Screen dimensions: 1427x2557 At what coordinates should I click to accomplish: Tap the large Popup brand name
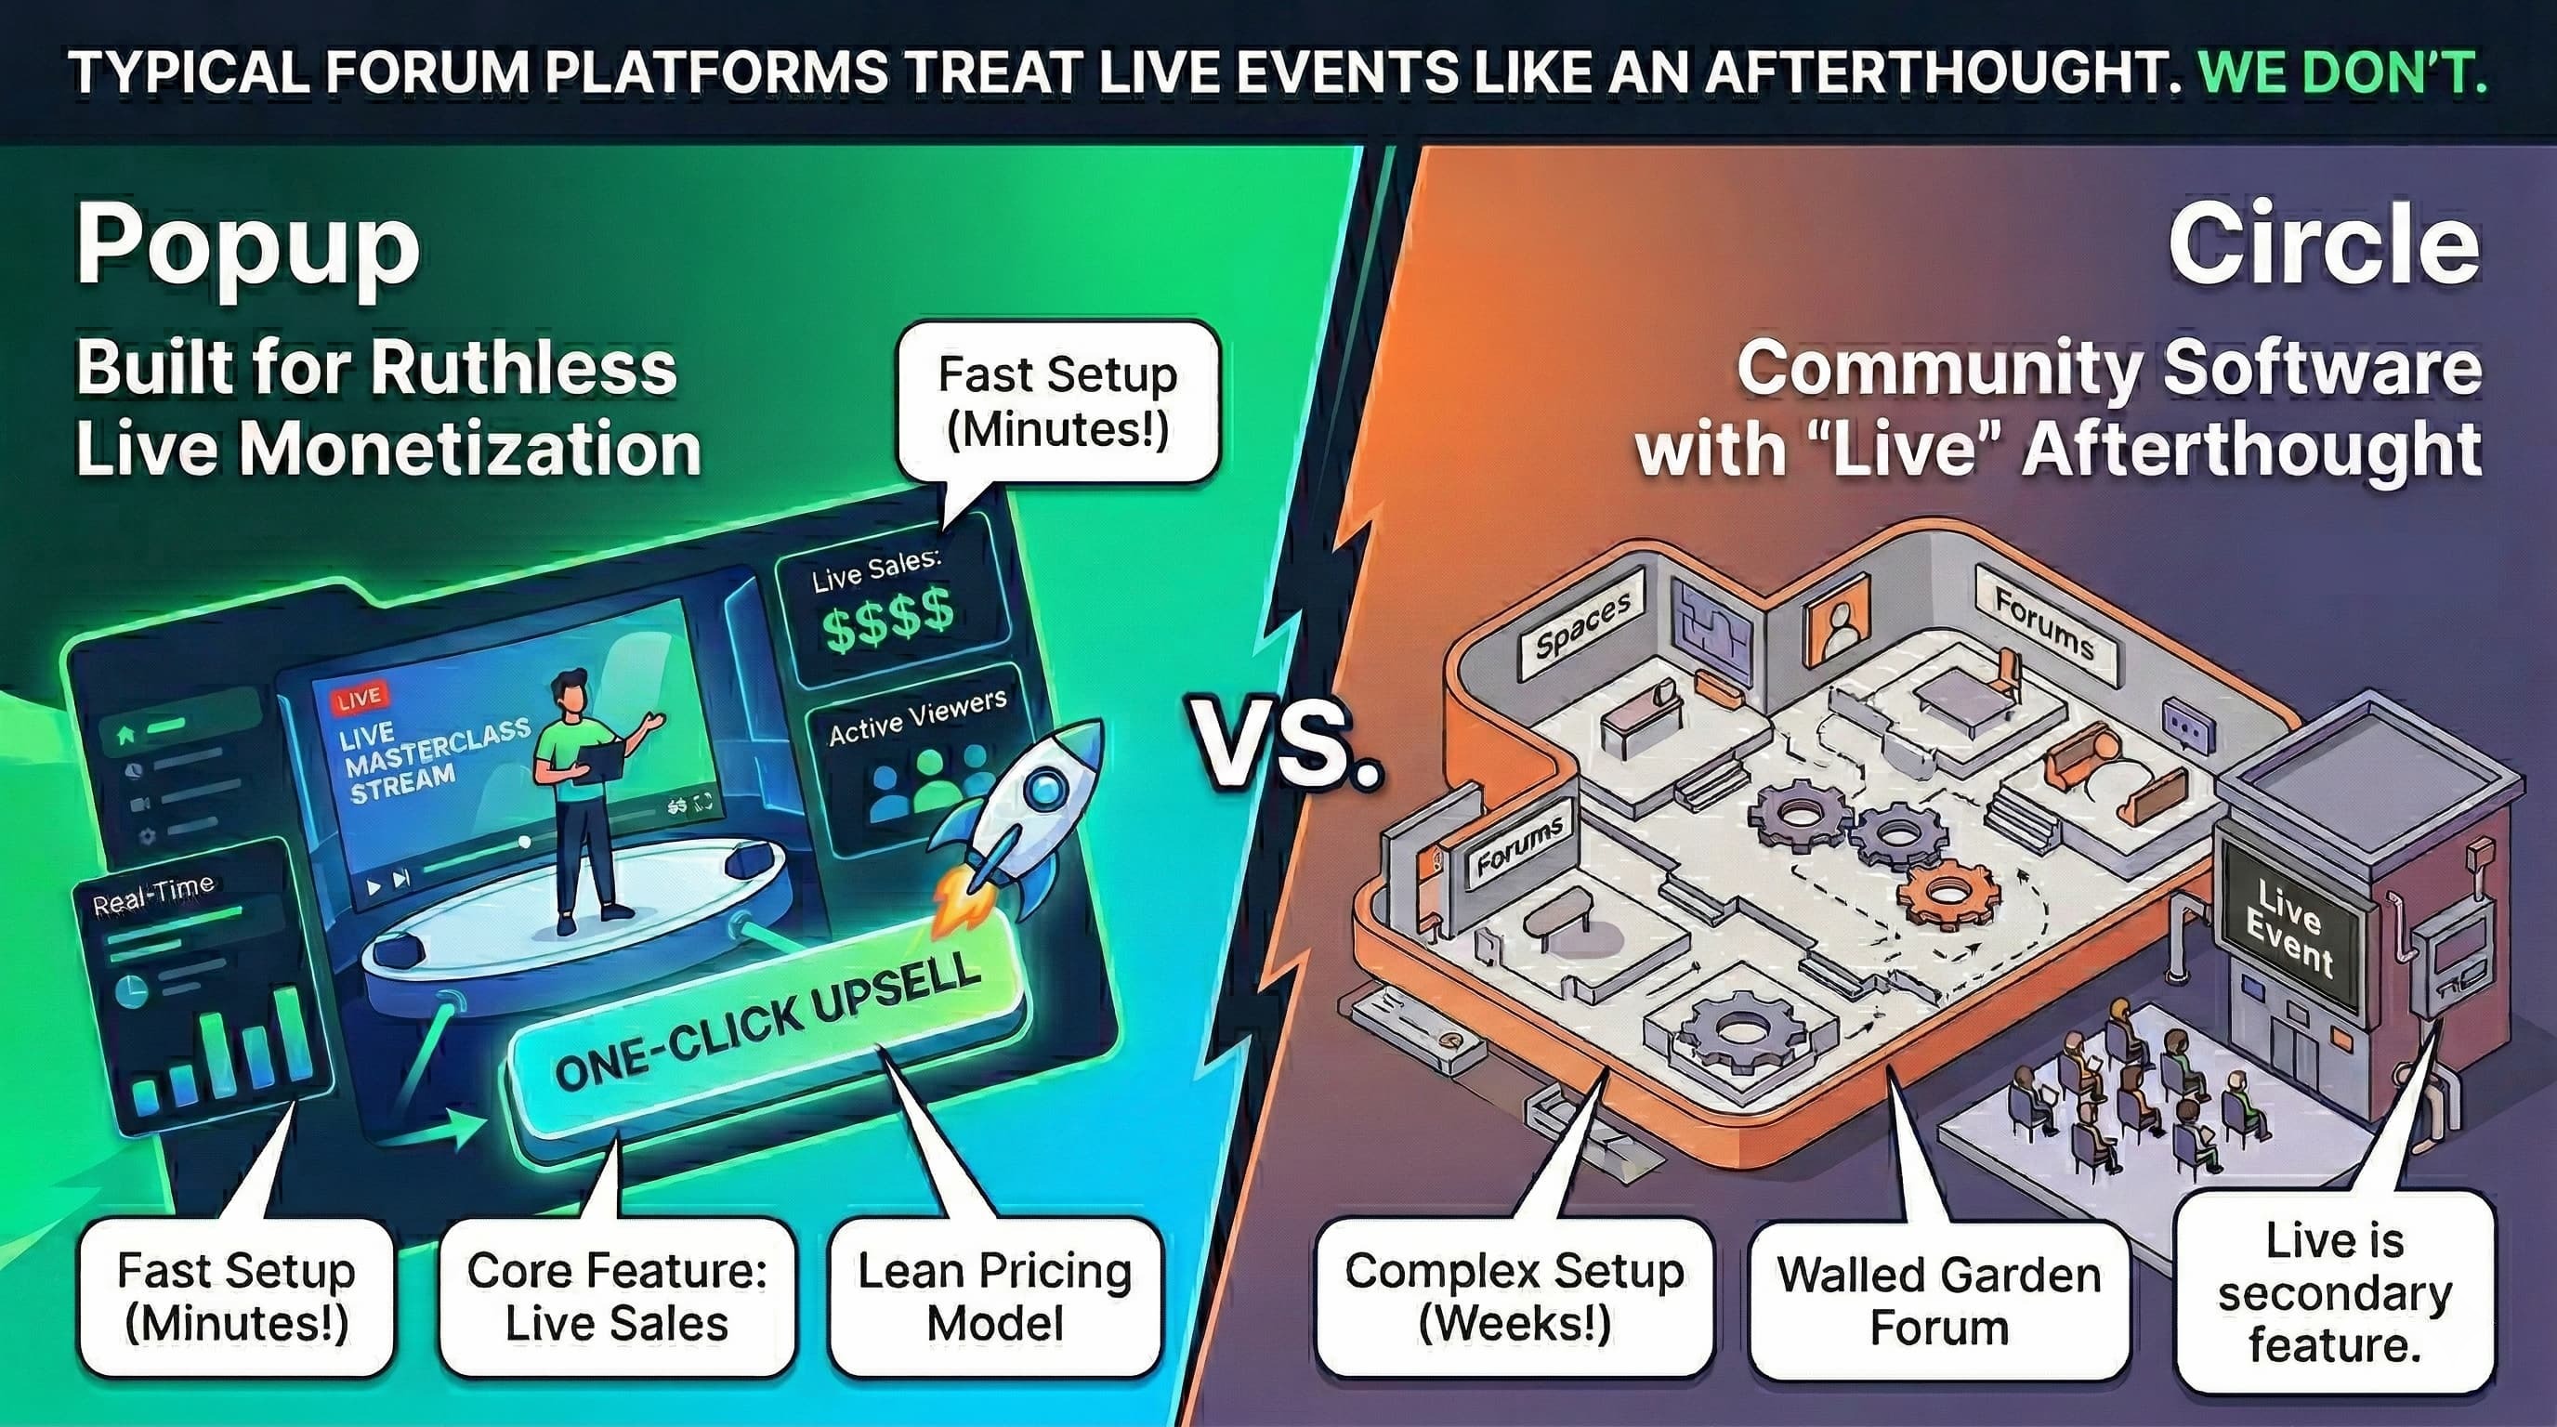point(248,248)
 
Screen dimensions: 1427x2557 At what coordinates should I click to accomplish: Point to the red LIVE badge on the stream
point(360,699)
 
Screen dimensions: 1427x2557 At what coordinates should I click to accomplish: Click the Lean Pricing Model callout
point(994,1296)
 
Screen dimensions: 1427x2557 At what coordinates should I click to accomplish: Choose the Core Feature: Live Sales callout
point(616,1296)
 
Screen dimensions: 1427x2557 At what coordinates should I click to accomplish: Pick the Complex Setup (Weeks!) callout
point(1514,1296)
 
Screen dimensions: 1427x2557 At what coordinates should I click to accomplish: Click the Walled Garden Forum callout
point(1938,1300)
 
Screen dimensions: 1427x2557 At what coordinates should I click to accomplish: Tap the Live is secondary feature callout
point(2335,1292)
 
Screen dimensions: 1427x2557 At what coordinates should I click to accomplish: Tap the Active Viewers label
point(917,716)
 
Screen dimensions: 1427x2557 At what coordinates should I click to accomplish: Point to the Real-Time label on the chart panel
point(153,894)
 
